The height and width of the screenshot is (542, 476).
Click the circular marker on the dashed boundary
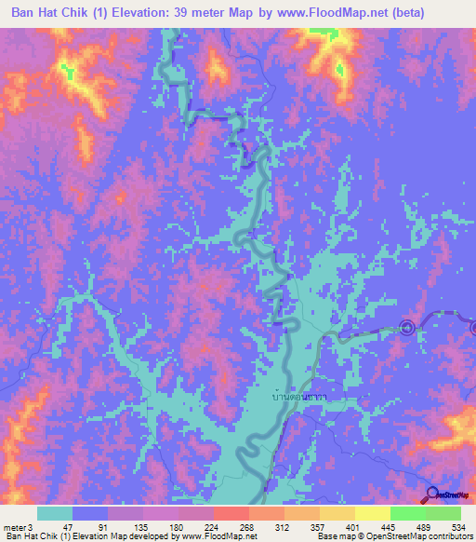[406, 327]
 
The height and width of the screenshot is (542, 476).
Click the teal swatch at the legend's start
[55, 513]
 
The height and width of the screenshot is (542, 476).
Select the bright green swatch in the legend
[408, 513]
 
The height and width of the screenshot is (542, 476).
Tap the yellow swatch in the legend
[373, 513]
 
